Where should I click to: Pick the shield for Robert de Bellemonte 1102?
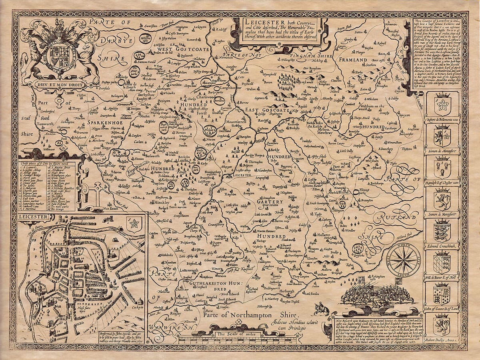pos(442,104)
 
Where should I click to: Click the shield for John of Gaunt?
pos(442,293)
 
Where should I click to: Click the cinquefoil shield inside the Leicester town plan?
pos(133,225)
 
